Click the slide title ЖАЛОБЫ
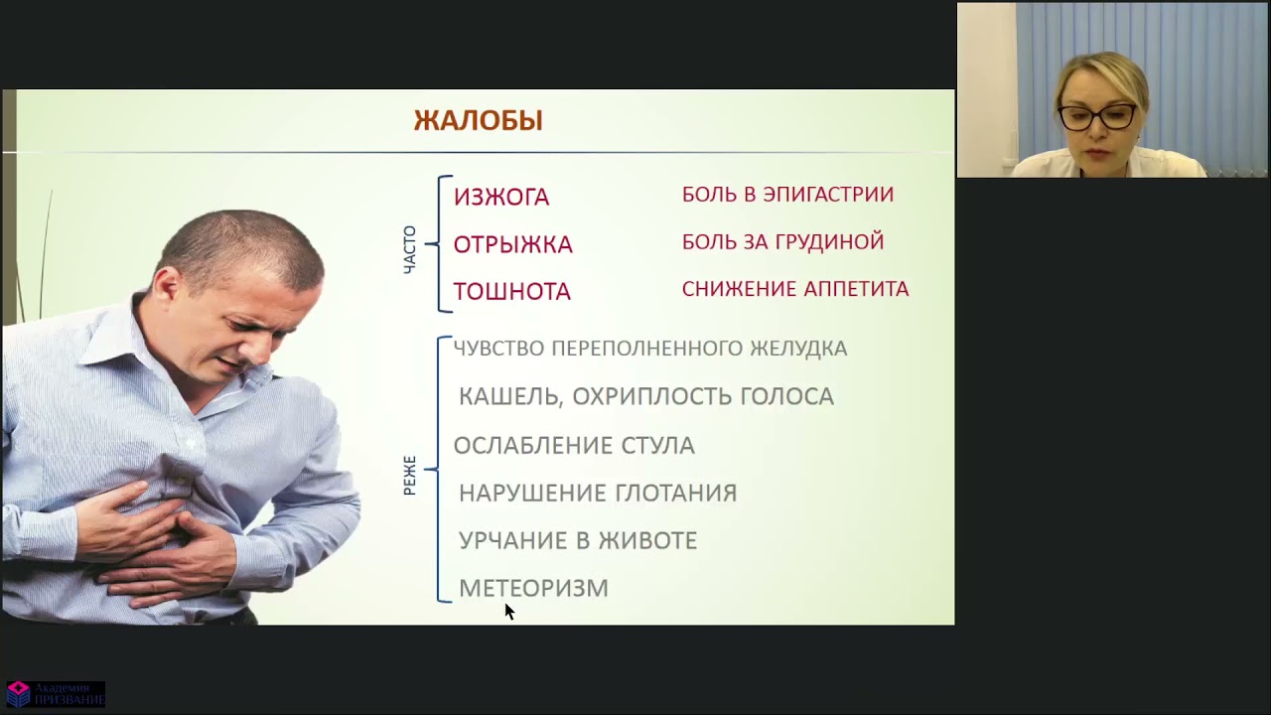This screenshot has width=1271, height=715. click(478, 121)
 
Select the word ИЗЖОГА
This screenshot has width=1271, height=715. click(500, 197)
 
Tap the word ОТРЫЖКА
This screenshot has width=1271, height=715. click(512, 244)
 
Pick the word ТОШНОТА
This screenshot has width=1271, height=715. click(511, 292)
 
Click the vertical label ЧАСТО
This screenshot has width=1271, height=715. click(409, 249)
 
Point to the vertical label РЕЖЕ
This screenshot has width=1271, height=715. click(409, 476)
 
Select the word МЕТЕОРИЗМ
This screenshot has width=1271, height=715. click(533, 588)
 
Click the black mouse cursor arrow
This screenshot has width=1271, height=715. click(508, 610)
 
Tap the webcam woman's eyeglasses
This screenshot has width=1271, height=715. click(1096, 116)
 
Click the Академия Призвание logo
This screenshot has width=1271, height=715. click(55, 693)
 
